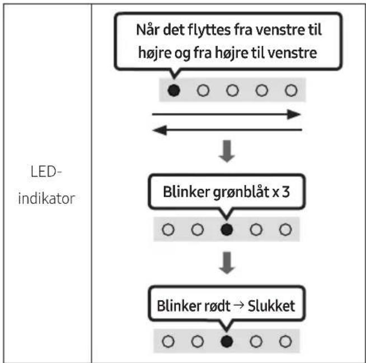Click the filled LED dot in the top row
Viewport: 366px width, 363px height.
click(x=174, y=90)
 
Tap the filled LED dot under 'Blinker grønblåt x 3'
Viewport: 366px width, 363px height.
click(x=227, y=229)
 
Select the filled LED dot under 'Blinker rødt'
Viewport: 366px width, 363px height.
click(x=227, y=341)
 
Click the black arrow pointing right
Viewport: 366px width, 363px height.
click(x=227, y=114)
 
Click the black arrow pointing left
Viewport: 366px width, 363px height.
click(x=227, y=130)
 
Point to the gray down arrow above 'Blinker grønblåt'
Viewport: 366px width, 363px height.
click(x=227, y=151)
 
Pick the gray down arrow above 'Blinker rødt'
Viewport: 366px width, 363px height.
click(x=227, y=263)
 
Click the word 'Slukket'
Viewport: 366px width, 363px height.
click(x=271, y=306)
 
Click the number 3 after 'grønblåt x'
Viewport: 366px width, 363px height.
click(x=286, y=192)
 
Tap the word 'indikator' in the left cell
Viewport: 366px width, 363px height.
click(x=46, y=198)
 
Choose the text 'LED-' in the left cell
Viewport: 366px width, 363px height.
click(x=46, y=171)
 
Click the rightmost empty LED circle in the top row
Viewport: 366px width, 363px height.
click(x=291, y=90)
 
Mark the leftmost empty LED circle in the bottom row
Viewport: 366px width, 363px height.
click(x=168, y=341)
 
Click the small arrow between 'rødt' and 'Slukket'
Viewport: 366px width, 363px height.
click(x=239, y=305)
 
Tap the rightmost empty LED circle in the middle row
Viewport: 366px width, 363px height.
click(x=285, y=229)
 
